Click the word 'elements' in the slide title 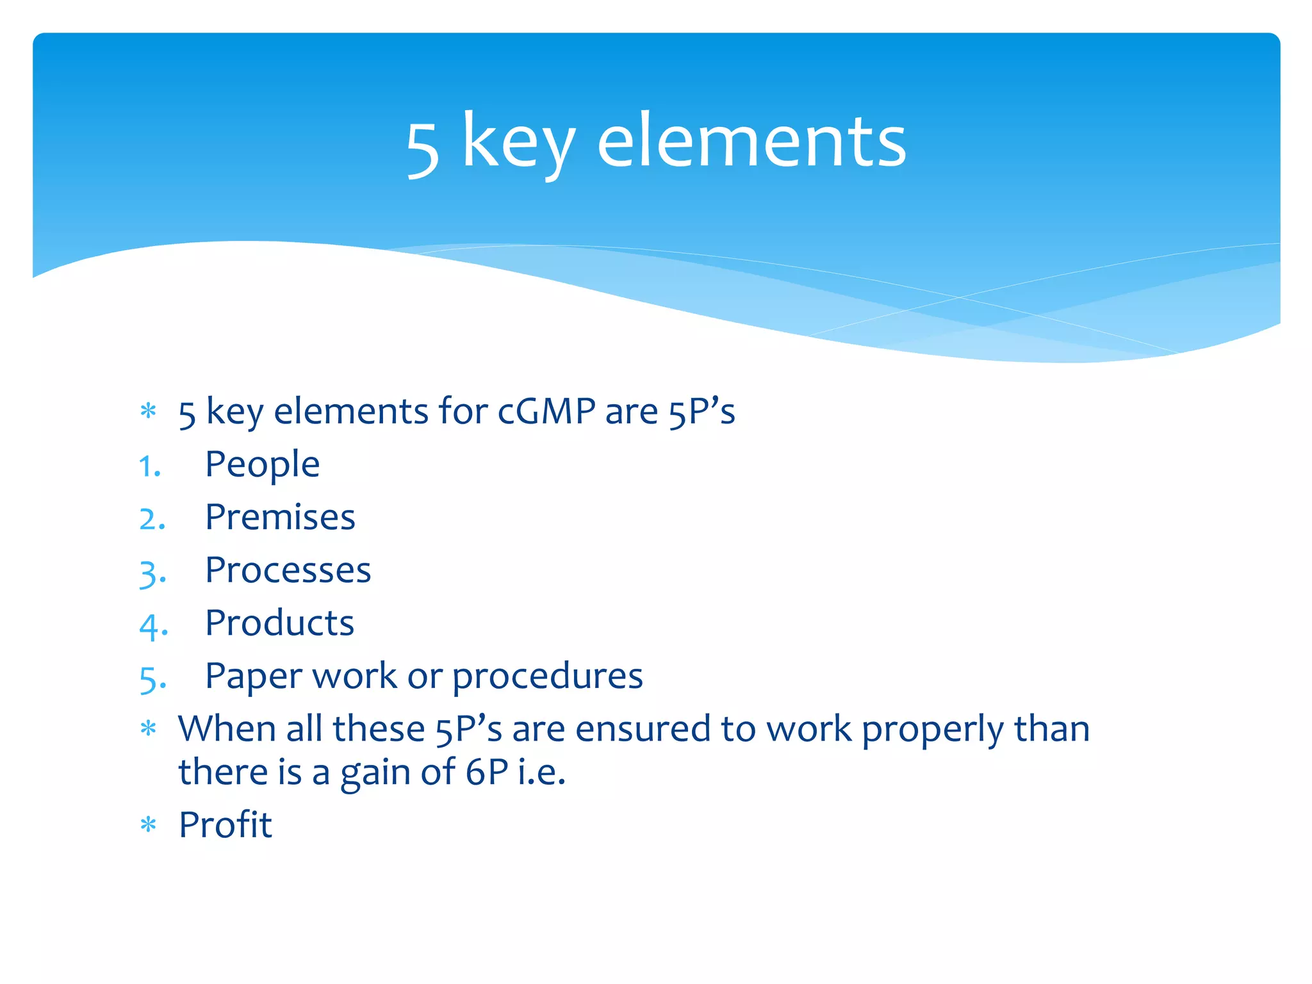point(751,141)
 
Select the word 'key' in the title point(518,144)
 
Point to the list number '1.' point(149,466)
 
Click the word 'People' point(262,464)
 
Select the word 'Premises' point(280,517)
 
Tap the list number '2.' point(152,519)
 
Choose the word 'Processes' point(288,570)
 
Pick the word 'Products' point(279,623)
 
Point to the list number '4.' point(153,626)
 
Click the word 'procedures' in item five point(547,677)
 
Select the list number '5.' point(152,679)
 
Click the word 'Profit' point(225,824)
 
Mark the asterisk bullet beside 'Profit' point(148,825)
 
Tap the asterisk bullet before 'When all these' point(148,729)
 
